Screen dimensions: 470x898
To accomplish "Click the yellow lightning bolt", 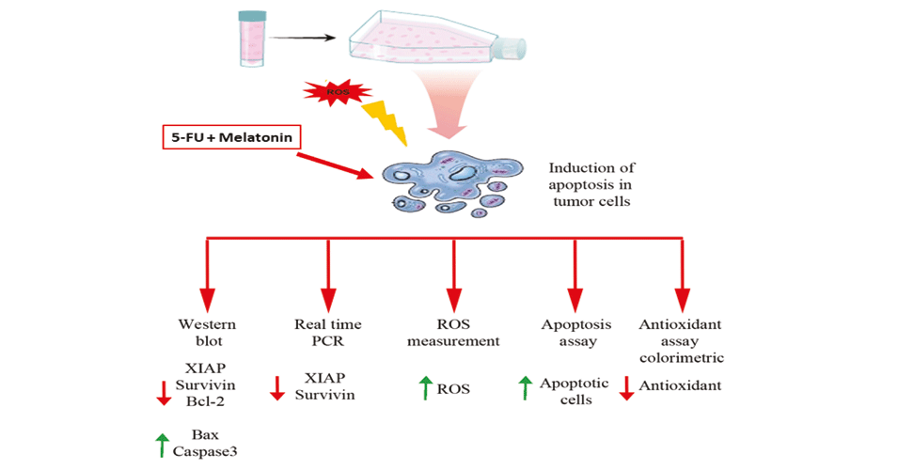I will tap(387, 119).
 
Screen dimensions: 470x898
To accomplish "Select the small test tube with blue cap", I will tap(252, 40).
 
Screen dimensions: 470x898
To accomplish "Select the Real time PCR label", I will tap(327, 333).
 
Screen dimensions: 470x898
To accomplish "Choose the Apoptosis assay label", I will tap(571, 333).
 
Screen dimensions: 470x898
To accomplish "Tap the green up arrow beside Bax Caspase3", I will tap(164, 444).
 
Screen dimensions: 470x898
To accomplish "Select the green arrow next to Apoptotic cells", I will tap(524, 387).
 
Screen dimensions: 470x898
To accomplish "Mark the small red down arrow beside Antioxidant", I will tap(626, 388).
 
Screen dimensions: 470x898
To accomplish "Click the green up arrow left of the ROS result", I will tap(424, 387).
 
